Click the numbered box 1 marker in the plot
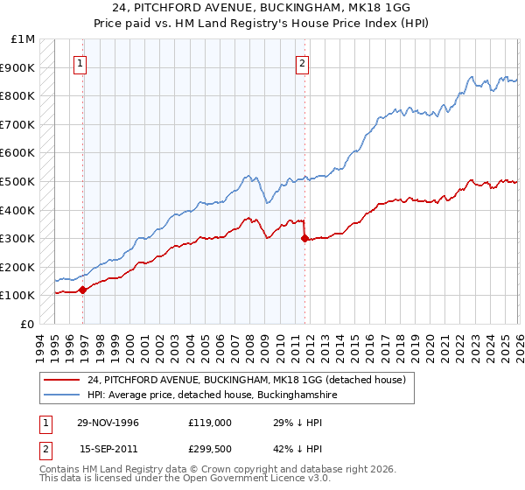[80, 62]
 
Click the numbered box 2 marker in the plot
[302, 62]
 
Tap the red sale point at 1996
[82, 290]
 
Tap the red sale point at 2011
[304, 238]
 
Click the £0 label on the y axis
[26, 324]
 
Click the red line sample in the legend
[61, 381]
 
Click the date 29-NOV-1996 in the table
[108, 423]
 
